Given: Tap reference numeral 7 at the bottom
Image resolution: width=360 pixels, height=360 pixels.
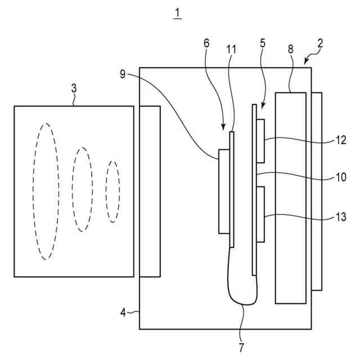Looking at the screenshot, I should (x=241, y=347).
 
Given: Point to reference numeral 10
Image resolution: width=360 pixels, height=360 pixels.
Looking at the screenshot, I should (x=341, y=177).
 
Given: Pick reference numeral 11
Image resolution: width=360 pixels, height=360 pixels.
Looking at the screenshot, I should (x=231, y=49).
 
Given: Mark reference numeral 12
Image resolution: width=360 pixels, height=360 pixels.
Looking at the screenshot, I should (x=341, y=141).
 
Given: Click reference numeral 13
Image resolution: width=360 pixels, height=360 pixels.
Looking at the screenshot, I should (x=341, y=217).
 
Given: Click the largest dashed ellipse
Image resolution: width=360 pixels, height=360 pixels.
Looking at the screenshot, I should (x=44, y=191).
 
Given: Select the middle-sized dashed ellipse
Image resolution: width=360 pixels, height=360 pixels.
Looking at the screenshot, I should (x=83, y=189).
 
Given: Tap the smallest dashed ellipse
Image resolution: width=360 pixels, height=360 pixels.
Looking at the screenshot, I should (x=112, y=191).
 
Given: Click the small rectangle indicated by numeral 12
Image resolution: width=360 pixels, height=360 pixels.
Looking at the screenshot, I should (x=260, y=139).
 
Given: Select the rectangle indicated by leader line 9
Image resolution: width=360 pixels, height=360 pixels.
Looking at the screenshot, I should (x=224, y=191).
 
